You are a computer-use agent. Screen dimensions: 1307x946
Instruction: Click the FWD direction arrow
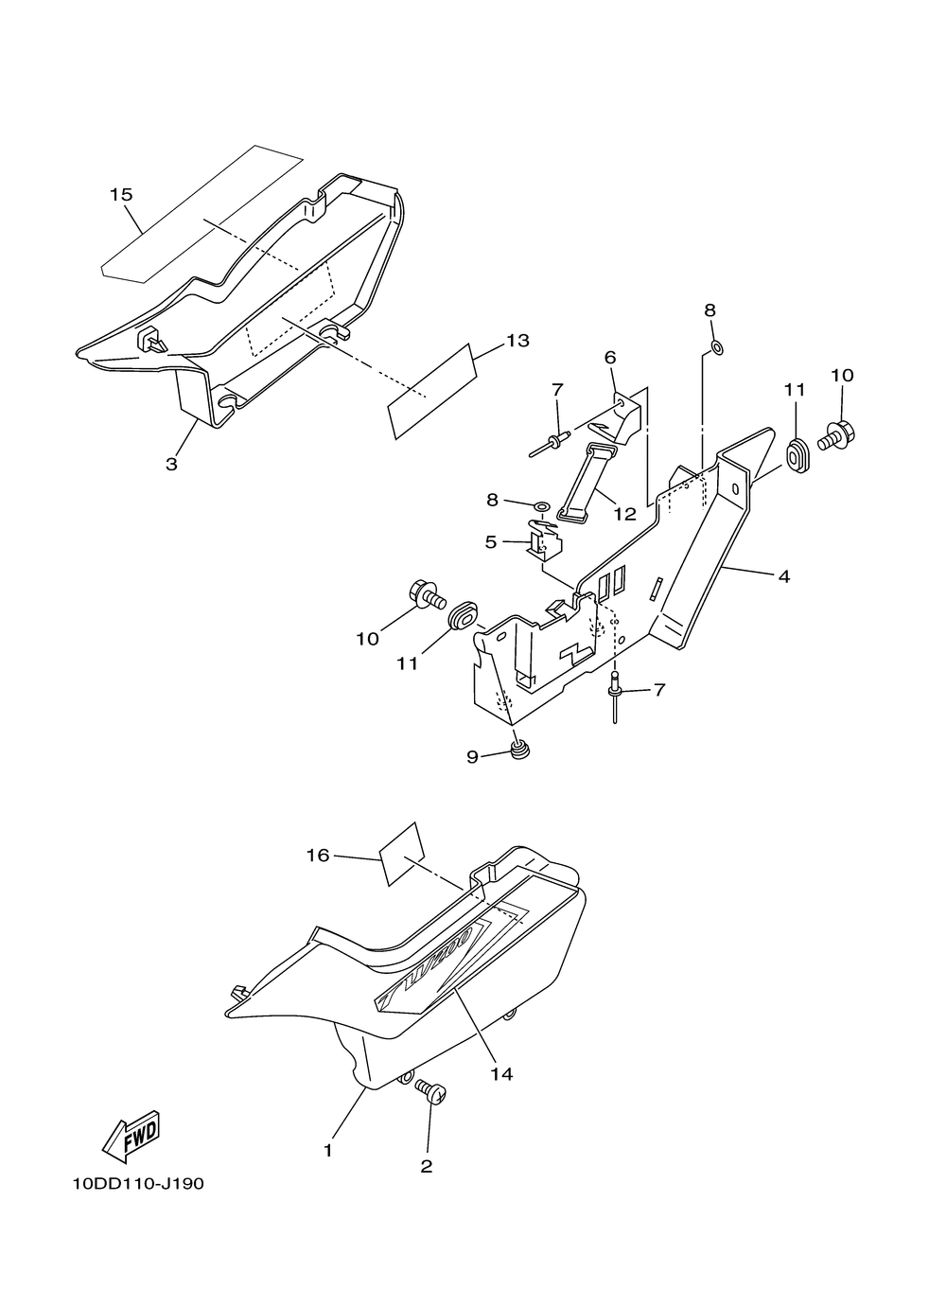pyautogui.click(x=131, y=1136)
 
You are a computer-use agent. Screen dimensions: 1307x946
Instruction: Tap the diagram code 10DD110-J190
pyautogui.click(x=137, y=1184)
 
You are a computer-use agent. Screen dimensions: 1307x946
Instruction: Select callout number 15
pyautogui.click(x=121, y=195)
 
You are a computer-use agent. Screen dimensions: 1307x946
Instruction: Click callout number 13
pyautogui.click(x=517, y=341)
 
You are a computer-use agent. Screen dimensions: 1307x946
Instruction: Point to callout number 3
pyautogui.click(x=171, y=464)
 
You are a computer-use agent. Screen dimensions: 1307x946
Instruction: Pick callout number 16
pyautogui.click(x=318, y=856)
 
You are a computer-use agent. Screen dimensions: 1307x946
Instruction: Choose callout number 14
pyautogui.click(x=501, y=1073)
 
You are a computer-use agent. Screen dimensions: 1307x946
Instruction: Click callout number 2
pyautogui.click(x=427, y=1167)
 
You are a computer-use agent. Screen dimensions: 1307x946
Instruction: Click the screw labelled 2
pyautogui.click(x=435, y=1093)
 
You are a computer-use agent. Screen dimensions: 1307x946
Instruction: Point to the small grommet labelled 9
pyautogui.click(x=518, y=752)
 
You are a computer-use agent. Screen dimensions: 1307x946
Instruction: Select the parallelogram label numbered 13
pyautogui.click(x=430, y=392)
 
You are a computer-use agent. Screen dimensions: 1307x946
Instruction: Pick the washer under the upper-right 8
pyautogui.click(x=716, y=347)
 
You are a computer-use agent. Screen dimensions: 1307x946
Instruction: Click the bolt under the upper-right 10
pyautogui.click(x=832, y=436)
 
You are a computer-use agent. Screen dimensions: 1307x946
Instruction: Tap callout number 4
pyautogui.click(x=784, y=575)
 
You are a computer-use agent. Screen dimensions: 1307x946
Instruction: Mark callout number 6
pyautogui.click(x=610, y=357)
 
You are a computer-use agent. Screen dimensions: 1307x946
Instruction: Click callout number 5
pyautogui.click(x=490, y=541)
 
